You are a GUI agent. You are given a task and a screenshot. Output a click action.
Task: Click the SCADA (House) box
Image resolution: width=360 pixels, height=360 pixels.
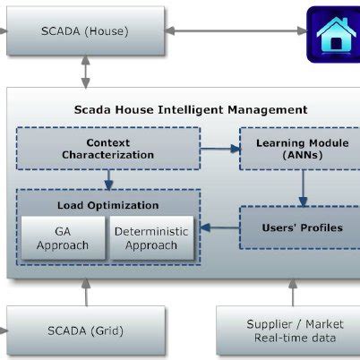click(x=85, y=31)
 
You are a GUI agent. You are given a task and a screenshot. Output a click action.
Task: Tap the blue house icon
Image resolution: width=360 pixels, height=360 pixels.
click(x=336, y=34)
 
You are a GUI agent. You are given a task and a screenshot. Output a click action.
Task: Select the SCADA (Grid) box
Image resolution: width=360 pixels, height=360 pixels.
click(x=85, y=330)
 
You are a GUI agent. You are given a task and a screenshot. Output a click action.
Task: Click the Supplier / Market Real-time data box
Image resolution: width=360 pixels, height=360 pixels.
click(x=291, y=330)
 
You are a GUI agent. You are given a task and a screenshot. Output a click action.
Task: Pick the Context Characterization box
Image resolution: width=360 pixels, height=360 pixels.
click(x=107, y=149)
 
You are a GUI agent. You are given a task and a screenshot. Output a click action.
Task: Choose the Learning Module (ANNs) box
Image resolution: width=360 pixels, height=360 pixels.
click(x=302, y=149)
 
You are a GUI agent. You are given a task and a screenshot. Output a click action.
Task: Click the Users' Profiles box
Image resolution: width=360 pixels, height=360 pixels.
click(x=302, y=227)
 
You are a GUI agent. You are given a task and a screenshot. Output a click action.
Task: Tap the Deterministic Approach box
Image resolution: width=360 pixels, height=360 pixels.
click(x=151, y=237)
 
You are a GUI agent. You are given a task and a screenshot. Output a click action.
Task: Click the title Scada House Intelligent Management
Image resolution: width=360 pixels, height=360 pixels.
click(x=191, y=110)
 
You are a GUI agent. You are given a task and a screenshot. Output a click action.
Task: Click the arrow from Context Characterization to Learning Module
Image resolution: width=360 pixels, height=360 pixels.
click(x=219, y=149)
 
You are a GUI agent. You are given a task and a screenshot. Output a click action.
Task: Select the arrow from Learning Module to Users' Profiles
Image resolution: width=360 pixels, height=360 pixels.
click(x=303, y=188)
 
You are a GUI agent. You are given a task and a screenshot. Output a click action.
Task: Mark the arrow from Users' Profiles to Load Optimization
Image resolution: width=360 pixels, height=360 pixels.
click(x=219, y=227)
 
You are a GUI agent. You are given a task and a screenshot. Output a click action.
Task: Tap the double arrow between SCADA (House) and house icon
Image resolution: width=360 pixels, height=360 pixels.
click(x=237, y=31)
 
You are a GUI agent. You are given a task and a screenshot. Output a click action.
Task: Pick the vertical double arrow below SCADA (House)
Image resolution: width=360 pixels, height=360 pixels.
click(x=86, y=71)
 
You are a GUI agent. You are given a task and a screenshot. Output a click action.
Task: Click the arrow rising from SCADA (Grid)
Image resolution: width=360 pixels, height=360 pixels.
click(x=86, y=291)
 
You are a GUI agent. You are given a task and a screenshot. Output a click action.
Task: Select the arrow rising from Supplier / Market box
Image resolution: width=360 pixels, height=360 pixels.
click(x=291, y=291)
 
